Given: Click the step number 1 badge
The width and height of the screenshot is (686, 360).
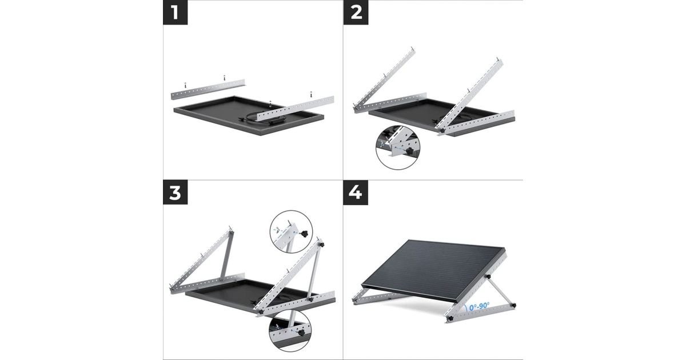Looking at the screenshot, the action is coord(175,12).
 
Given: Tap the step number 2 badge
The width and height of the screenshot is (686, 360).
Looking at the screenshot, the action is coord(356,12).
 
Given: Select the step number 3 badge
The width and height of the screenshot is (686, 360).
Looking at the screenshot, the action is coord(175,192).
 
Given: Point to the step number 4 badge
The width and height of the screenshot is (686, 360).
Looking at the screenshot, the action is coord(356,192).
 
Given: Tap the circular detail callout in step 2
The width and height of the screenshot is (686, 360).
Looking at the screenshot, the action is coord(398,148).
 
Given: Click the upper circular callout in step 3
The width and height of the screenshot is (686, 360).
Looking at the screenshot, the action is coord(291,232).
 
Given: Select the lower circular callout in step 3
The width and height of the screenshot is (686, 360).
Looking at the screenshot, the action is coord(290,331).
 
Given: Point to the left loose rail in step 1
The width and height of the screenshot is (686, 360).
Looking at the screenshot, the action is coord(208,89).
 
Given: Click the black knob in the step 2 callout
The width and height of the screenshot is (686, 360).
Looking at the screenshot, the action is coord(409,151).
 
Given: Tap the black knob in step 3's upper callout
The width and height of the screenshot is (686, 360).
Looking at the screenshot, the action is coord(305,234).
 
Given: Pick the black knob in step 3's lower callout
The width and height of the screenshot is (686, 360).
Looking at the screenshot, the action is coord(301,333).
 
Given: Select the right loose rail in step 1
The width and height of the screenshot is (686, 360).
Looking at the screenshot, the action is coord(295,109).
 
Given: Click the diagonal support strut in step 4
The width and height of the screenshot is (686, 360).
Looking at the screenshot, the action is coord(500,291).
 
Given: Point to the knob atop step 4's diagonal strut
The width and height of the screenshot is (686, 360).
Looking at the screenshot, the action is coord(488,277).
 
